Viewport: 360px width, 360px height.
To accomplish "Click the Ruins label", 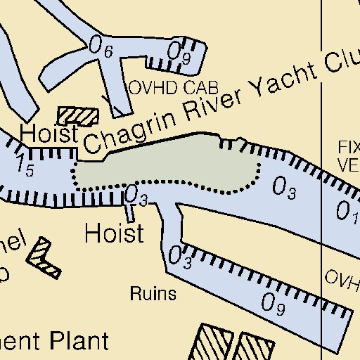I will pos(153,294).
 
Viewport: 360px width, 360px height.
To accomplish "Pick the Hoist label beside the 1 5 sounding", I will pos(48,133).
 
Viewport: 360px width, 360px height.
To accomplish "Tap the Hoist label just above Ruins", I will pos(113,233).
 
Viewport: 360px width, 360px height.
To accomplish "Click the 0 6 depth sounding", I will pos(101,47).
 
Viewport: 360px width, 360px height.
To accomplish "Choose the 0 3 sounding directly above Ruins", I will pos(181,257).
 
